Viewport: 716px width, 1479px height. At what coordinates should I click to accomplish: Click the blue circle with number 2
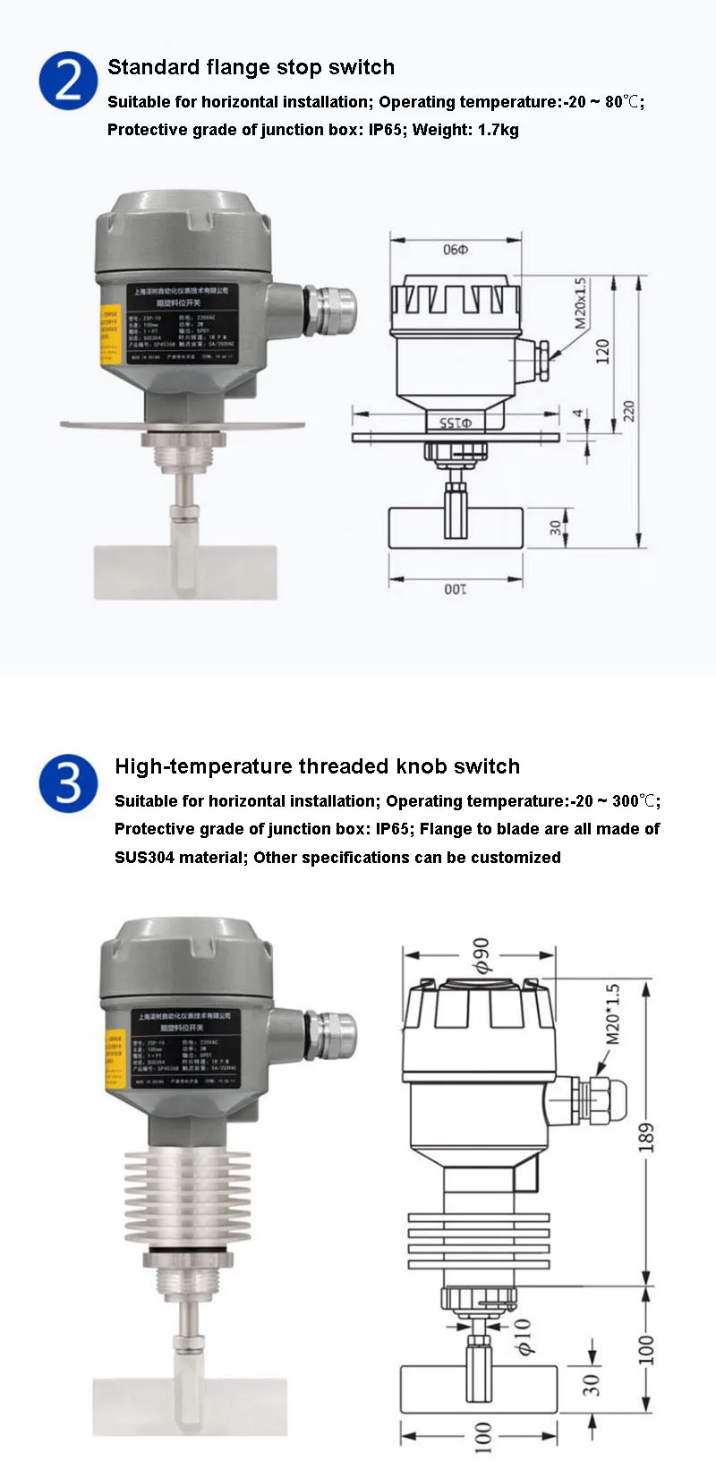tap(68, 81)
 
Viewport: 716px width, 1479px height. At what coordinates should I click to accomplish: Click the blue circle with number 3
tap(68, 782)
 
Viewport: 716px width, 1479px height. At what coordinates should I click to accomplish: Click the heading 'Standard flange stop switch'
tap(251, 67)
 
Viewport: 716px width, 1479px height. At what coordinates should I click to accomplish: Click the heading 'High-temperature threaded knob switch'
tap(317, 766)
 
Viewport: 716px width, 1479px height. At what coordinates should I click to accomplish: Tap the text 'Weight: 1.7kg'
tap(465, 130)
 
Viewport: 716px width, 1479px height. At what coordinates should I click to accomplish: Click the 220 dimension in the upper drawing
tap(629, 411)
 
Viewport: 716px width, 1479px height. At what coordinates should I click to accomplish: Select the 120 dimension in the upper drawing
tap(602, 350)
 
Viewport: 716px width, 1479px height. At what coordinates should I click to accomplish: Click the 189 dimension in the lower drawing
tap(646, 1136)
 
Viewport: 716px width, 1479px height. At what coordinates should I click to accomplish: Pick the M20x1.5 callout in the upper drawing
tap(581, 303)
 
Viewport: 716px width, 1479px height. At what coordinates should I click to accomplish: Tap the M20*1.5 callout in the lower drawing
tap(613, 1014)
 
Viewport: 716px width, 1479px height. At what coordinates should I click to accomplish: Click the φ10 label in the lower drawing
tap(523, 1335)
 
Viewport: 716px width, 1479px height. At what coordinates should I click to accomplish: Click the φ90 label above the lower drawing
tap(482, 955)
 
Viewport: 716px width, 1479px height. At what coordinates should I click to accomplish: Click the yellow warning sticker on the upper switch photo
tap(109, 334)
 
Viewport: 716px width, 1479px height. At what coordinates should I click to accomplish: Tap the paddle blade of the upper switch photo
tap(185, 572)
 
